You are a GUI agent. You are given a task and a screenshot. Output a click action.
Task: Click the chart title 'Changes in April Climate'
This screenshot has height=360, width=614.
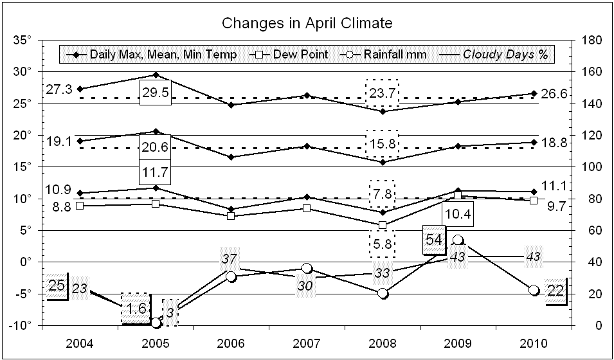point(307,24)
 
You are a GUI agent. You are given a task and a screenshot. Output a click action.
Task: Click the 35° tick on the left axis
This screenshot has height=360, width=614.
point(23,40)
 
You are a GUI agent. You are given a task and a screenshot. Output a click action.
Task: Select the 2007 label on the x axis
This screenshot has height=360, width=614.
point(307,341)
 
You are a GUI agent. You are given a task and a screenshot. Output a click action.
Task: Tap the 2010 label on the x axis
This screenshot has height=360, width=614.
point(533,341)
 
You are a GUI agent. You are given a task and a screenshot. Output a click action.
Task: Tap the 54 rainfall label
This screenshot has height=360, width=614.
point(435,239)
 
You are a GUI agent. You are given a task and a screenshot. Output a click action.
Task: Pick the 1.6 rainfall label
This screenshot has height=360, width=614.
point(136,308)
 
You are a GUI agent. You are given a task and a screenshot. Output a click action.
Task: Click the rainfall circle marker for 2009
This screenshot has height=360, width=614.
point(458,240)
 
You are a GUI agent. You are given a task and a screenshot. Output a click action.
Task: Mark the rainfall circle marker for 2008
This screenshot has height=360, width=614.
point(383,293)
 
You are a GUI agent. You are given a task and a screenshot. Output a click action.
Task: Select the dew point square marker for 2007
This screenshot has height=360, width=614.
point(307,208)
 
